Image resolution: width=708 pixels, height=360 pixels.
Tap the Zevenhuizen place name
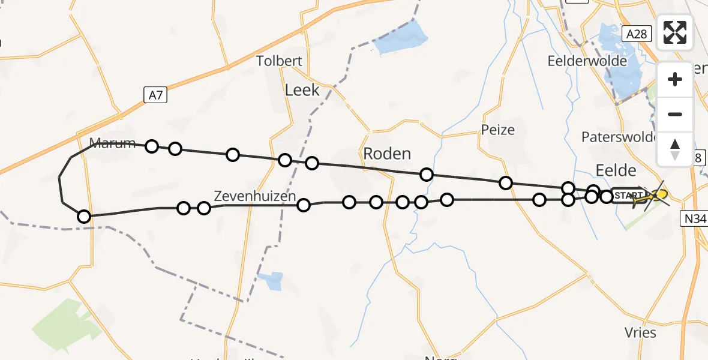coord(255,196)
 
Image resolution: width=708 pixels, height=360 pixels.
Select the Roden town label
coord(388,154)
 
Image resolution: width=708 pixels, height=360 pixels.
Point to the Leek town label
coord(302,90)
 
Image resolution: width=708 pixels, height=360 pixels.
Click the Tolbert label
coord(279,61)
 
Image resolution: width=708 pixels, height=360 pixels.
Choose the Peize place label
coord(497,130)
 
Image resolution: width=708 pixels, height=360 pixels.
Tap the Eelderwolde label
coord(587,61)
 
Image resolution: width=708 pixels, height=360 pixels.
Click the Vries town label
coord(640,332)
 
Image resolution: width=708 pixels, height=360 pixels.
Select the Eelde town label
coord(616,168)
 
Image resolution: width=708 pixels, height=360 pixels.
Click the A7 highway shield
coord(154,94)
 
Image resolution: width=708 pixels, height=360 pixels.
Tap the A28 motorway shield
coord(635,34)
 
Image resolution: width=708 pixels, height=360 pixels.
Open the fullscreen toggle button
coord(675,32)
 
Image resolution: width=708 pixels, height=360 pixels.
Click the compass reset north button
coord(675,149)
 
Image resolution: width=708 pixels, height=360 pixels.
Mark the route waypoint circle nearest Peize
coord(506,182)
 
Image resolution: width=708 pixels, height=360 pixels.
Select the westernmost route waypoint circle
coord(84,216)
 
